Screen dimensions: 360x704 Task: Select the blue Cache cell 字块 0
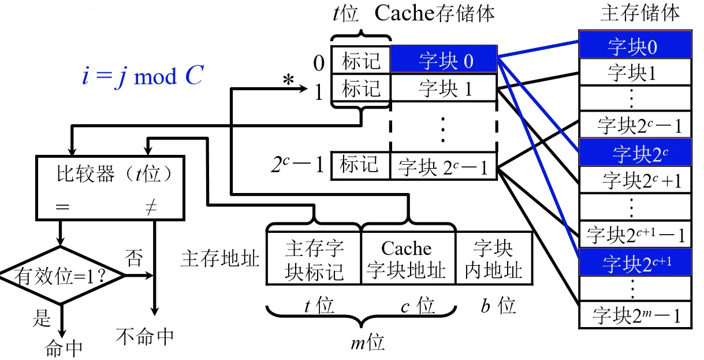tap(444, 60)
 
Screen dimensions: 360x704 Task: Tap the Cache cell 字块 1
tap(444, 89)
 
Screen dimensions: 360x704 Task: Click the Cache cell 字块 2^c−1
tap(444, 167)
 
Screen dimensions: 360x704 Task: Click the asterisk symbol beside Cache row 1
tap(288, 81)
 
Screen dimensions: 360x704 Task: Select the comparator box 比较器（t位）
tap(112, 188)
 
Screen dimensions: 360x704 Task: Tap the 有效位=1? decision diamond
tap(62, 275)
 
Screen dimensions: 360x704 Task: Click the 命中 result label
tap(64, 347)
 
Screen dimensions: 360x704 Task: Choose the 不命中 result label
tap(145, 335)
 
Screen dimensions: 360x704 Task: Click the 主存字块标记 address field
tap(314, 258)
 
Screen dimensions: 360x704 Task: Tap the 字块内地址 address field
tap(493, 258)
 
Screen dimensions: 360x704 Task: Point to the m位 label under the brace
tap(367, 343)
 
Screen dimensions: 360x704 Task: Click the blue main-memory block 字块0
tap(635, 46)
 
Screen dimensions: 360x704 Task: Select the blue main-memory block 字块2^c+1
tap(635, 262)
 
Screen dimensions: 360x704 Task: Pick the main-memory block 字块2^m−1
tap(635, 316)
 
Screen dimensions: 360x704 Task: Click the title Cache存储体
tap(434, 13)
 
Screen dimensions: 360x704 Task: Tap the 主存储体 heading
tap(639, 13)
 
